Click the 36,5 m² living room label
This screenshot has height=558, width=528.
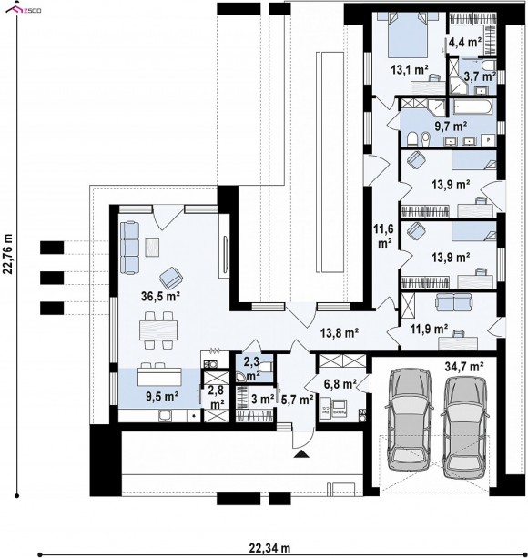[x=159, y=296]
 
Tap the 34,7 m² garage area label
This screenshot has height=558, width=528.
[x=464, y=366]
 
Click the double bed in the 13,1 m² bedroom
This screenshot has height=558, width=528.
[x=408, y=34]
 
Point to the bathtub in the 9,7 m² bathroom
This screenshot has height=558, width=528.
[x=472, y=107]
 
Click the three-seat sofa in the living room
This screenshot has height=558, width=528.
[x=129, y=248]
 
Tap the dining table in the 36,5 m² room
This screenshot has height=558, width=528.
[x=158, y=330]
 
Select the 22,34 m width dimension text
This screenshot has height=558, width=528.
[x=269, y=548]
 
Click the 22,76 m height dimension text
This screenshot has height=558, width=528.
[x=8, y=254]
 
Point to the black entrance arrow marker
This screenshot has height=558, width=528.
[x=301, y=453]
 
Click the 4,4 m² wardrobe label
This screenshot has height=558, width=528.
[x=465, y=42]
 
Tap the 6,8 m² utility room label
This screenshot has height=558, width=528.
[x=340, y=384]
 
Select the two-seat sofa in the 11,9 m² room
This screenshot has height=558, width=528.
[x=454, y=302]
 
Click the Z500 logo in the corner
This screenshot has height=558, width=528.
[x=24, y=9]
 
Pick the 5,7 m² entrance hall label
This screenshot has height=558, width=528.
[x=297, y=400]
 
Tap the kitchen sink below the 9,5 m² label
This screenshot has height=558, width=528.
[x=165, y=415]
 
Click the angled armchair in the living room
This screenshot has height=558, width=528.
[x=171, y=278]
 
